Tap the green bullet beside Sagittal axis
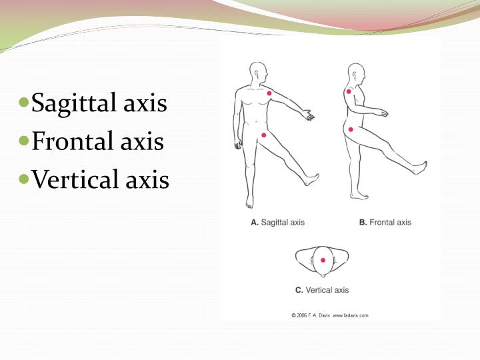[23, 103]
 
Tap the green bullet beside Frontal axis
[23, 141]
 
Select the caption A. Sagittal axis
[277, 222]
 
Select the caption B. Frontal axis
[385, 222]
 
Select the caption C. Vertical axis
[322, 290]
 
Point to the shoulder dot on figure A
[269, 93]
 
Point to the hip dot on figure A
[264, 135]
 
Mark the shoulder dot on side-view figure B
[349, 91]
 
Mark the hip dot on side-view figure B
[350, 129]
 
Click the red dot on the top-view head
[323, 261]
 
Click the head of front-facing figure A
[258, 72]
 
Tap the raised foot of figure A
[311, 179]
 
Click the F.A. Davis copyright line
[329, 315]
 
